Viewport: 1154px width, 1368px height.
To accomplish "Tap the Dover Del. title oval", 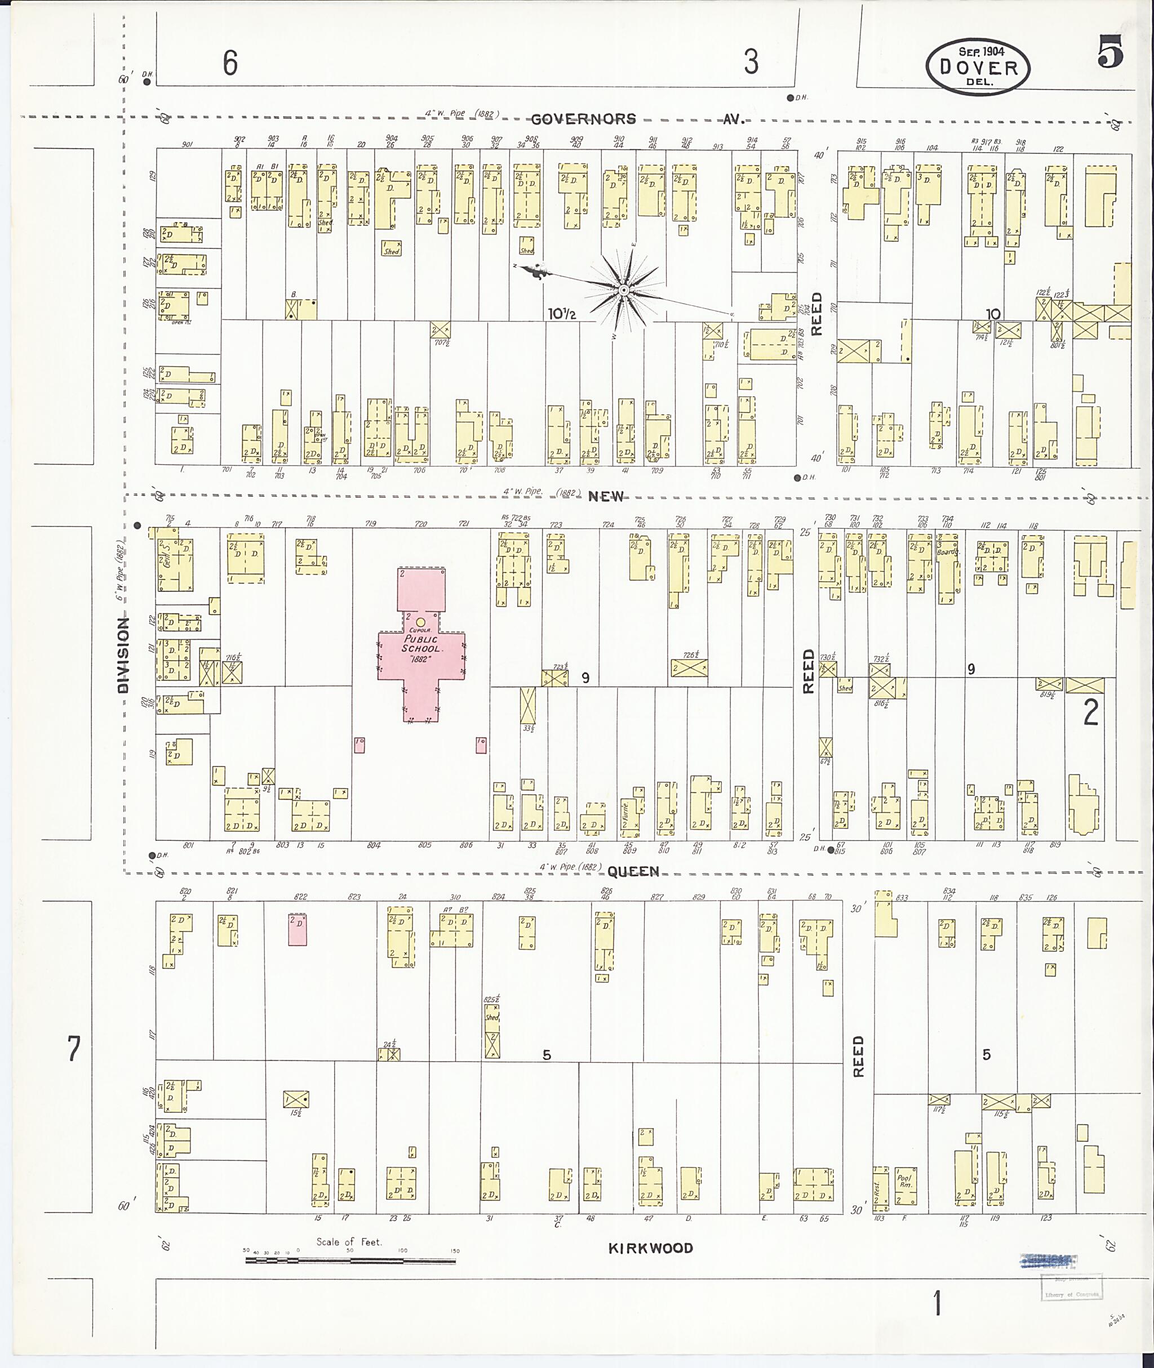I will pos(978,66).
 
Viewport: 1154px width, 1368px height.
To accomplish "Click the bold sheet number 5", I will pos(1110,52).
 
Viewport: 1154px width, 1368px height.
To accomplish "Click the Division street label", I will pos(123,655).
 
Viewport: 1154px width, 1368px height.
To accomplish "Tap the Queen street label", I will pos(633,872).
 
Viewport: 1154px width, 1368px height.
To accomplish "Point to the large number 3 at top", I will pos(751,62).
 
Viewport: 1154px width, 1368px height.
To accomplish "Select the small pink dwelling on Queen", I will pos(298,929).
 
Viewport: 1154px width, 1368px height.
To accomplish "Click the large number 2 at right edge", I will pos(1090,713).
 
